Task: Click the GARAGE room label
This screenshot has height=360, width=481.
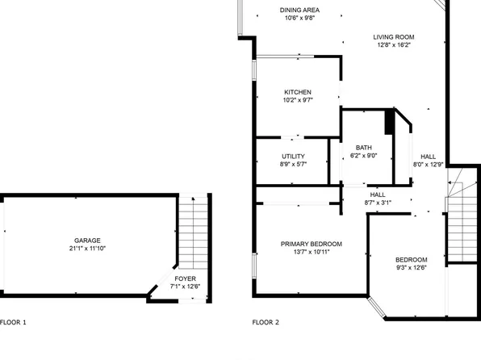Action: click(x=87, y=240)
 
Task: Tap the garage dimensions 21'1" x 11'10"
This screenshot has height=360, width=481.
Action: click(x=87, y=249)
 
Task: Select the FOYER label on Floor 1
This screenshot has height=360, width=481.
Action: click(x=184, y=278)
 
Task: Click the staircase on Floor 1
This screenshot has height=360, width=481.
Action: click(x=192, y=234)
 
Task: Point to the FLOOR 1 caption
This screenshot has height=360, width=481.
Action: click(x=13, y=322)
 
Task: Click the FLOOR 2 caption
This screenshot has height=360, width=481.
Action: click(x=266, y=322)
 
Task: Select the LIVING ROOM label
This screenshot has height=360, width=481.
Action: click(x=393, y=37)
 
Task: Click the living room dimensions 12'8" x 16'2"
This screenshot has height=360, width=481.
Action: click(x=393, y=45)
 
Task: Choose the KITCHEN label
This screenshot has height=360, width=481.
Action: click(x=297, y=92)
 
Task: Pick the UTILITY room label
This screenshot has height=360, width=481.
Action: click(x=293, y=156)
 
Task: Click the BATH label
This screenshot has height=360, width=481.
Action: click(x=364, y=148)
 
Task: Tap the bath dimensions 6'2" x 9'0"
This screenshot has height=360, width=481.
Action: click(x=364, y=156)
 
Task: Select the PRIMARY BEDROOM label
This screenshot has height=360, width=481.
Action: click(x=311, y=244)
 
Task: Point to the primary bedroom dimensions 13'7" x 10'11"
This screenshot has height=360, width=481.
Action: click(x=311, y=252)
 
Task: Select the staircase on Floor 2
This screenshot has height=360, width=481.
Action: click(x=462, y=218)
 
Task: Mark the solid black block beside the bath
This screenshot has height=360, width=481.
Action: click(x=390, y=123)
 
